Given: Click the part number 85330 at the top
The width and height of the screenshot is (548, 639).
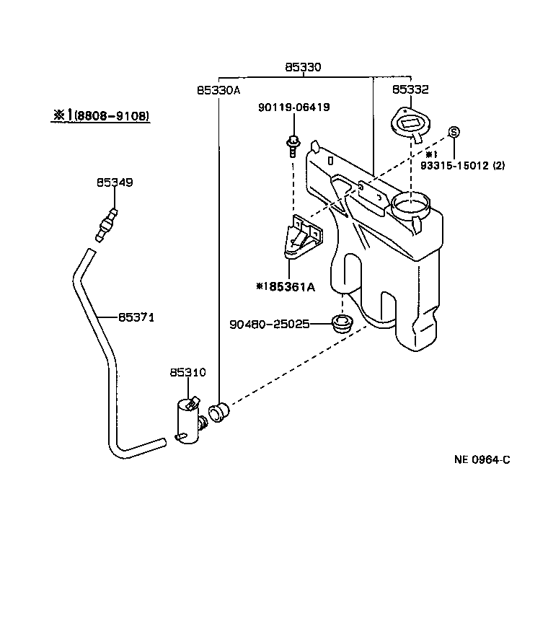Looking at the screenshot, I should point(303,67).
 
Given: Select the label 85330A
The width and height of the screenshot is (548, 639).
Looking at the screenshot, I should point(218,90).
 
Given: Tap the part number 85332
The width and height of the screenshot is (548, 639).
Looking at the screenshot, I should point(410,90).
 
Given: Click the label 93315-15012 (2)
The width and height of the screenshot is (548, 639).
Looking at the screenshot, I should point(464,165).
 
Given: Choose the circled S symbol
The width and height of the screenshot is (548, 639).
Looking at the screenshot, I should point(454,132).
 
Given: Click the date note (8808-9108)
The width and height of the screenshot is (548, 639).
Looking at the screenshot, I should point(109,115).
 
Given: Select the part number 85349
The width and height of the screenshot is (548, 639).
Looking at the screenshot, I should point(115,183).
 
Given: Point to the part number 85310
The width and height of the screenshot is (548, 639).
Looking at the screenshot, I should point(187,373).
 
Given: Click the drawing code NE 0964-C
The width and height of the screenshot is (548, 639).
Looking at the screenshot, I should point(482,459).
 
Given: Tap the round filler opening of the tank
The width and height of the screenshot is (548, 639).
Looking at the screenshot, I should point(411,206).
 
